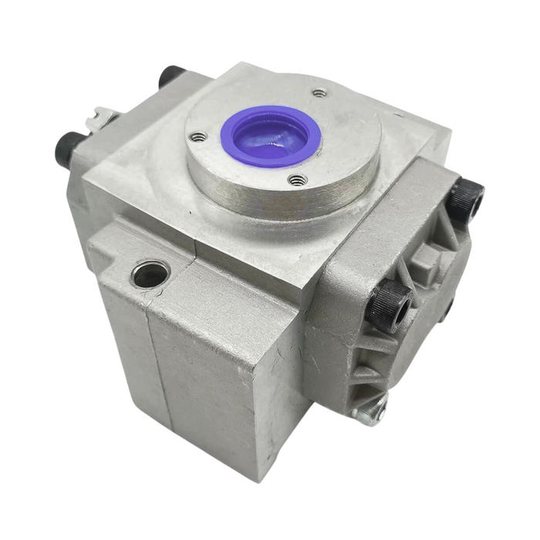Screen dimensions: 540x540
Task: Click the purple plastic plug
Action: click(x=270, y=136)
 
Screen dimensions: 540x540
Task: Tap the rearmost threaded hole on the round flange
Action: click(x=320, y=93)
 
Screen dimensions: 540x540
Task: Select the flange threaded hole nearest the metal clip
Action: click(x=199, y=137)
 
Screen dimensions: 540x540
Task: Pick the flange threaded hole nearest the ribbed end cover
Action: click(x=298, y=180)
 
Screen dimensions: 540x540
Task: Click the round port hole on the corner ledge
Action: click(x=150, y=273)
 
